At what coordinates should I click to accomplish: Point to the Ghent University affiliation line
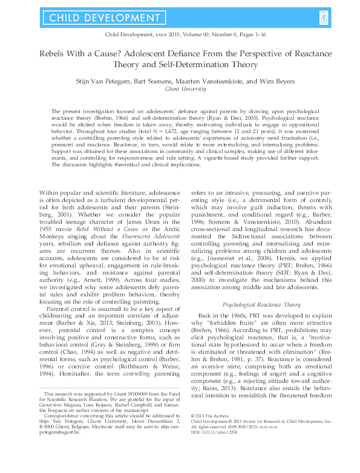pyautogui.click(x=180, y=88)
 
